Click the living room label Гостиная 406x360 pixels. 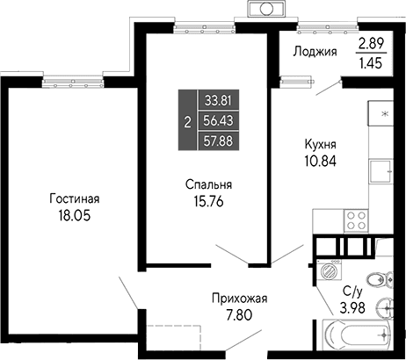coord(74,198)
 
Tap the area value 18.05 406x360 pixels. coord(74,214)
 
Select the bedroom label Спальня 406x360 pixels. coord(208,184)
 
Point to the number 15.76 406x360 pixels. coord(208,201)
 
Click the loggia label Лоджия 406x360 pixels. coord(315,51)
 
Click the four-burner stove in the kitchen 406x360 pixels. coord(356,218)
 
